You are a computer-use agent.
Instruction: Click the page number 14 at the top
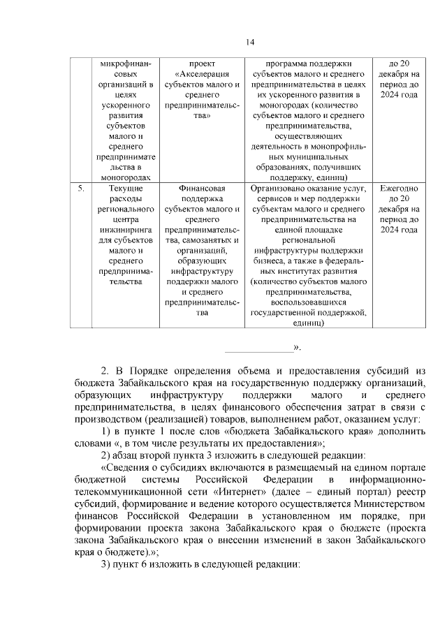pos(249,43)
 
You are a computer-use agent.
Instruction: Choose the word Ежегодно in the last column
pos(399,189)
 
